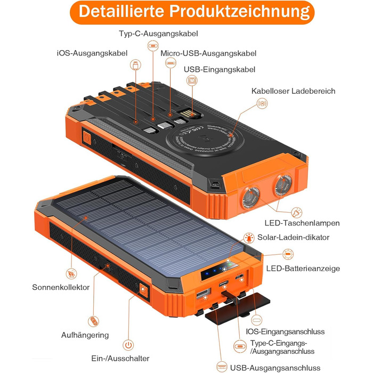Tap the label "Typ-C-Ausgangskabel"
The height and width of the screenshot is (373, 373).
(x=151, y=34)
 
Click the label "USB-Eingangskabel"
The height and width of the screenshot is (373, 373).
(x=220, y=70)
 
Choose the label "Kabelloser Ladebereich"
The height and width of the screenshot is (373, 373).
(x=294, y=91)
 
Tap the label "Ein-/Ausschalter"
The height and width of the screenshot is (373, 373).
(x=120, y=359)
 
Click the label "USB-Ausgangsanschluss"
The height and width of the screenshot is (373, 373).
(x=275, y=368)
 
